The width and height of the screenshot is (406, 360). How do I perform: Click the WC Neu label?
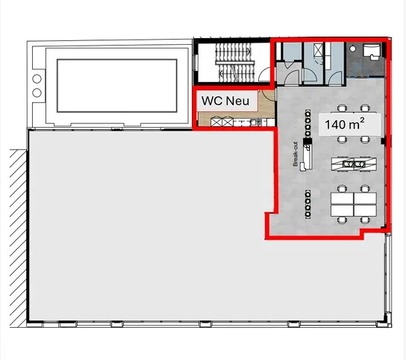click(x=225, y=101)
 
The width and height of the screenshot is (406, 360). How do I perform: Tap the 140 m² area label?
click(x=345, y=124)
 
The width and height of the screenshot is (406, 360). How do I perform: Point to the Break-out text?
click(x=296, y=154)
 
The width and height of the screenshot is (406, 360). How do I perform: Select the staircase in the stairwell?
click(x=234, y=63)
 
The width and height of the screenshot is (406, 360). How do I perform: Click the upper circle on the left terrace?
click(x=37, y=78)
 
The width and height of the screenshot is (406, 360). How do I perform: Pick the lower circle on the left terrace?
click(x=37, y=93)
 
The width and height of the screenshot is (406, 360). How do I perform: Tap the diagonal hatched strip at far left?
click(x=18, y=238)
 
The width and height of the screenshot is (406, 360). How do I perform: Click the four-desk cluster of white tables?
click(x=354, y=205)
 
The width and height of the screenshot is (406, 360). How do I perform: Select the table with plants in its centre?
click(x=354, y=164)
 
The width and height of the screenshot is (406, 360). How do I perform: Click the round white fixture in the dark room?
click(x=352, y=49)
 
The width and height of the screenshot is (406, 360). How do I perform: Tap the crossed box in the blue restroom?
click(x=318, y=49)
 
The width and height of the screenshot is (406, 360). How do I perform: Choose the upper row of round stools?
click(x=307, y=124)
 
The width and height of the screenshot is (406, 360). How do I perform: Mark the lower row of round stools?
click(x=307, y=205)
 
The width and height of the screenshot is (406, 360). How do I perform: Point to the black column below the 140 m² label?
click(x=384, y=141)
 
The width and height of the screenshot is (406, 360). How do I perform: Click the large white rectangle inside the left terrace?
click(x=116, y=86)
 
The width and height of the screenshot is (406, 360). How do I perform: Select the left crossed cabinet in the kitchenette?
click(x=216, y=122)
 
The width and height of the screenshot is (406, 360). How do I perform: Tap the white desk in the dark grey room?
click(x=372, y=51)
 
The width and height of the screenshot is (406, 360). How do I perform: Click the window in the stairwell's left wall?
click(x=196, y=63)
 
